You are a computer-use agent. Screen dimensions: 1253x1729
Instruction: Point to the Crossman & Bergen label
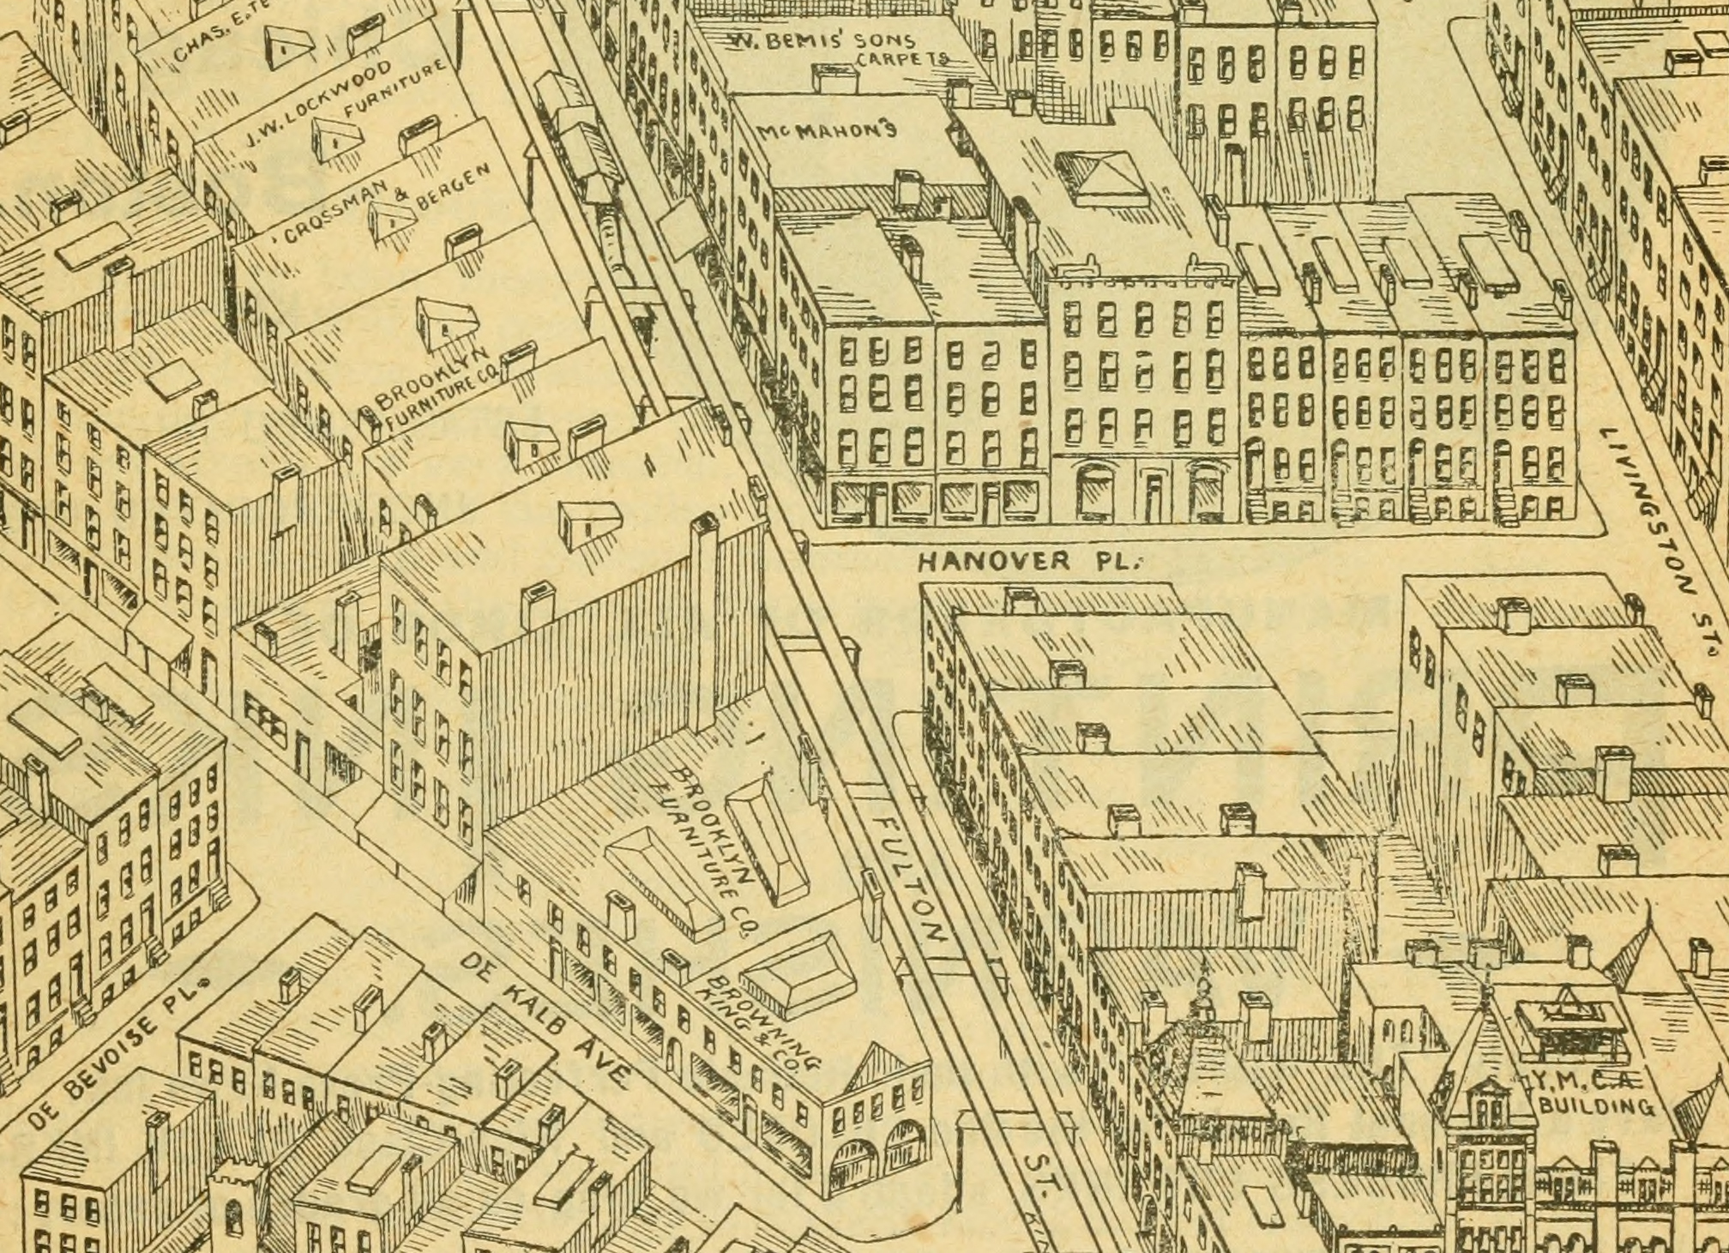(x=386, y=202)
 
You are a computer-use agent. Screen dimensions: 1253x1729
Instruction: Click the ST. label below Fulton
(x=1043, y=1171)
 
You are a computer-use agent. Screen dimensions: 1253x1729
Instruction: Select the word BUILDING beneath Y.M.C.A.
(x=1596, y=1106)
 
